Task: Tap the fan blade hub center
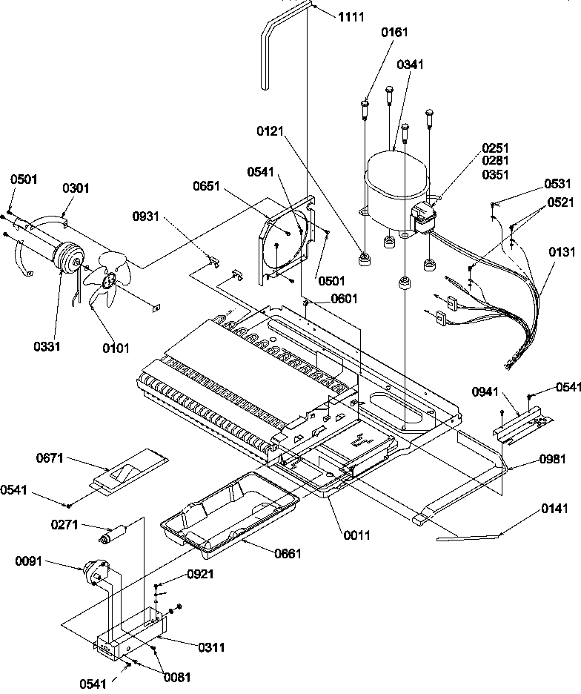coord(109,280)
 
